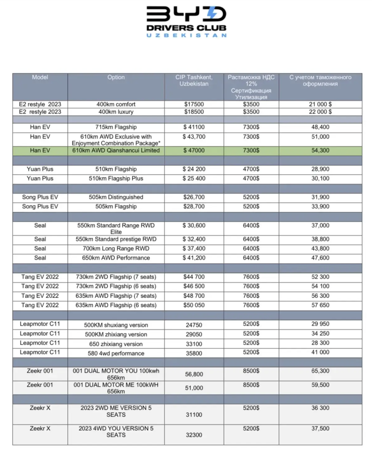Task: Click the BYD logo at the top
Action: (x=186, y=14)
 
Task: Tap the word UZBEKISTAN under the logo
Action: (x=186, y=35)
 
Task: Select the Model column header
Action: (x=40, y=77)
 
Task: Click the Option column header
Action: (x=116, y=77)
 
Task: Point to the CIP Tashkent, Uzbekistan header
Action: (x=194, y=81)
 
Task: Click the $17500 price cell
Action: (x=194, y=104)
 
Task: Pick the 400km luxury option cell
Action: (x=116, y=112)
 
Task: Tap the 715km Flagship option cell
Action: (x=116, y=127)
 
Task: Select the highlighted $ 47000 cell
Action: (x=194, y=150)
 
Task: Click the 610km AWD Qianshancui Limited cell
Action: (x=116, y=150)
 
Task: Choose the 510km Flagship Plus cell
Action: (x=116, y=178)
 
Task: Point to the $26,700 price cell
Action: (x=194, y=197)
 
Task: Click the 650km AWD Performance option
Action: (x=116, y=258)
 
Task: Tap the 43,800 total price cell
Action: (x=320, y=248)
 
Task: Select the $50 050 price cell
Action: (x=194, y=305)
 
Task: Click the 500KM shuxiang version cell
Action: (x=116, y=325)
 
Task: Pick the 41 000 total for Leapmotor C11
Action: (x=320, y=352)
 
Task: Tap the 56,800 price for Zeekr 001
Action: (x=194, y=374)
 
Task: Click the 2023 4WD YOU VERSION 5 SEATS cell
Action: (x=116, y=432)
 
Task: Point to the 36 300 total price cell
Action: (x=320, y=408)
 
